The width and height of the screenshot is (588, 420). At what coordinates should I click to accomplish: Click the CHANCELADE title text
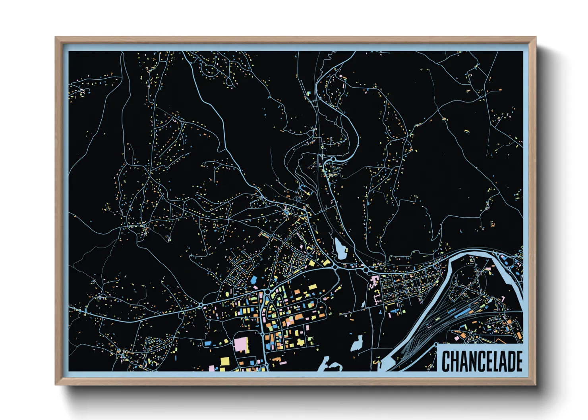click(482, 360)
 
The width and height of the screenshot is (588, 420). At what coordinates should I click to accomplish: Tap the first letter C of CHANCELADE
click(446, 361)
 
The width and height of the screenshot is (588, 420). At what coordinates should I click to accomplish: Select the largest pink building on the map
click(241, 345)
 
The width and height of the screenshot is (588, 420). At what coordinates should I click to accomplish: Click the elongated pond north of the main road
click(340, 249)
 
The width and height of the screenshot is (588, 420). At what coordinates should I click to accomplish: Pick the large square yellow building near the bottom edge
click(225, 361)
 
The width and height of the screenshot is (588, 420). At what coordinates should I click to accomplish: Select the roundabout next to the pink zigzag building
click(365, 270)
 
